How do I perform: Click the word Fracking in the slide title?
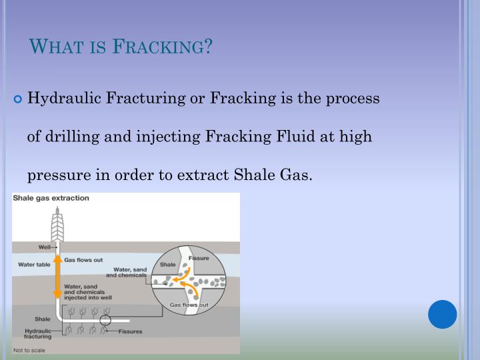click(164, 47)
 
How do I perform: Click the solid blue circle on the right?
click(443, 314)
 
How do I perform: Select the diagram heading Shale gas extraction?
click(52, 198)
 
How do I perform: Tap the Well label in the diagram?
click(45, 247)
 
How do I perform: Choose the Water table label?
click(33, 265)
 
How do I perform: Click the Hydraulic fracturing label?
click(37, 334)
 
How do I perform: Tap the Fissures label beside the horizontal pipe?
click(131, 331)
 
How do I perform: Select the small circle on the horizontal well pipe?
click(105, 320)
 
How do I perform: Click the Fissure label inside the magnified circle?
click(199, 258)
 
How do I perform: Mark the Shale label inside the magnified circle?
click(167, 265)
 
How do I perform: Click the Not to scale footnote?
click(31, 350)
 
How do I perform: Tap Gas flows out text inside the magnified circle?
click(189, 305)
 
